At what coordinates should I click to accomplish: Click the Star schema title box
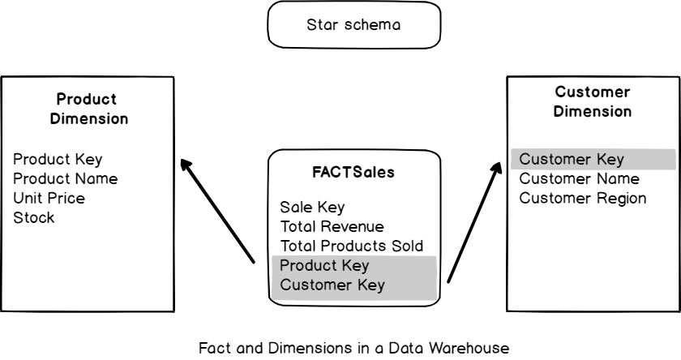click(354, 25)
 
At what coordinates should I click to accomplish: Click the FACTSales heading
click(353, 173)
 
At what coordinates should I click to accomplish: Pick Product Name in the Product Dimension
click(66, 178)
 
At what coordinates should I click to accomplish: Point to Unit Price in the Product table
click(49, 198)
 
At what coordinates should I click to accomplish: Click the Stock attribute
click(34, 217)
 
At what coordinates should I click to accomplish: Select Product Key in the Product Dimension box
click(58, 160)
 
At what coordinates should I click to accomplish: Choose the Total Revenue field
click(332, 226)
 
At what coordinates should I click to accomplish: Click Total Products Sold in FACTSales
click(352, 246)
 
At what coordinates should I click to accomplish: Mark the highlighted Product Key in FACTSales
click(324, 265)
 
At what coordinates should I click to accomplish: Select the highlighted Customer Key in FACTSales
click(332, 285)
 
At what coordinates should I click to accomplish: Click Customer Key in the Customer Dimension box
click(572, 160)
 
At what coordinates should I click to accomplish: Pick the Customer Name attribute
click(579, 179)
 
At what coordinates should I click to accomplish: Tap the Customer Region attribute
click(582, 199)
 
